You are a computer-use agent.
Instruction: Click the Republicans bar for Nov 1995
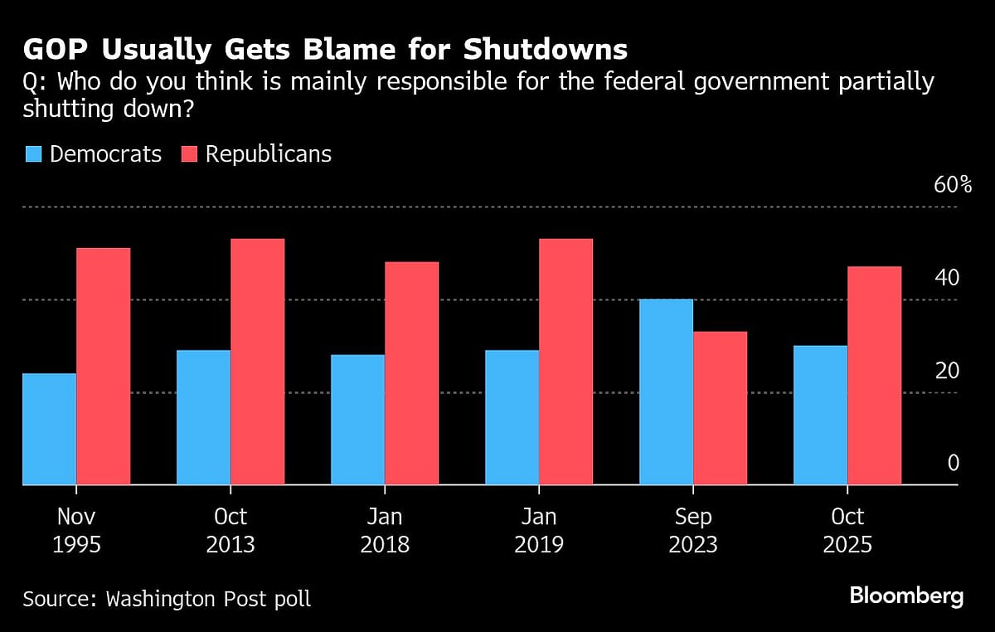click(x=103, y=366)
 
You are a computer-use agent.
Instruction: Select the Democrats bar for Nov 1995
click(x=50, y=429)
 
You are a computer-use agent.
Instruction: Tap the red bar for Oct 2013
click(x=257, y=362)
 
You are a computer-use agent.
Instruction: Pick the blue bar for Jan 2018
click(x=357, y=420)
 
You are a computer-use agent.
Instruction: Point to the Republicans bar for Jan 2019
click(x=565, y=362)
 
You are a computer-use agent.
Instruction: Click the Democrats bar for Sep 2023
click(x=666, y=391)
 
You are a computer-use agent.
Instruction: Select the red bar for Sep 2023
click(x=720, y=408)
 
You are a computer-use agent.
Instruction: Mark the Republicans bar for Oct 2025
click(x=874, y=375)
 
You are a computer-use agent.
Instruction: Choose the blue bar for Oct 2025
click(x=820, y=415)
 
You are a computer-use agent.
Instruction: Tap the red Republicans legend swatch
click(x=189, y=154)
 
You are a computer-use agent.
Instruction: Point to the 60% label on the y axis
click(x=952, y=185)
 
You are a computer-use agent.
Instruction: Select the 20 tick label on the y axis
click(x=947, y=371)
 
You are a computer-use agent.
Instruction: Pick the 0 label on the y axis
click(x=954, y=463)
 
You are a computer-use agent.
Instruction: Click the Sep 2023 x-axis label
click(x=693, y=531)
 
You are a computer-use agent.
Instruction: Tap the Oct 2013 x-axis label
click(x=231, y=531)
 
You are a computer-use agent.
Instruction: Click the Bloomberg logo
click(x=906, y=596)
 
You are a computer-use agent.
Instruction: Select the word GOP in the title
click(x=55, y=51)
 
